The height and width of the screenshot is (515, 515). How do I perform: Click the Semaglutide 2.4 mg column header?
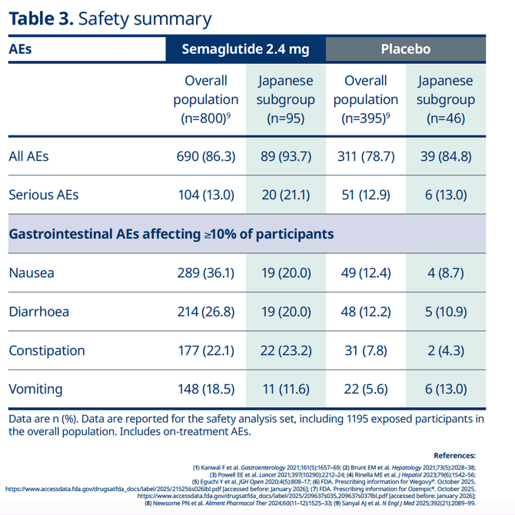[x=245, y=49]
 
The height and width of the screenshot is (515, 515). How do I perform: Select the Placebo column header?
[x=406, y=49]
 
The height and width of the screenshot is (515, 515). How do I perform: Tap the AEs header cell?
[x=20, y=49]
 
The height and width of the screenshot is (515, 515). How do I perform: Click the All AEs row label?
[x=28, y=156]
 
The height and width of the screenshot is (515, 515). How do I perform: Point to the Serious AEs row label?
[x=44, y=195]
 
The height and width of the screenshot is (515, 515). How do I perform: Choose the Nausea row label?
[x=32, y=273]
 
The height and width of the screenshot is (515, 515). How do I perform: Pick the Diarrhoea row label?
[x=39, y=312]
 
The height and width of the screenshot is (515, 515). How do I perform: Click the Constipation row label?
[x=47, y=350]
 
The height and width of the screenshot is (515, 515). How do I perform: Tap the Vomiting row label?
[x=35, y=389]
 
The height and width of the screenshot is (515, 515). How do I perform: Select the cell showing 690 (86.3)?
[x=206, y=156]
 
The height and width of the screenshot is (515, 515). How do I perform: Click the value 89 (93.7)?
[x=286, y=156]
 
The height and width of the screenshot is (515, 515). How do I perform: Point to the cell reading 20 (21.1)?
[x=286, y=195]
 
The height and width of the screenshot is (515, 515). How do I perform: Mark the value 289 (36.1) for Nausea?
[x=206, y=273]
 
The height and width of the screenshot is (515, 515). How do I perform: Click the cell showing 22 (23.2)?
[x=286, y=350]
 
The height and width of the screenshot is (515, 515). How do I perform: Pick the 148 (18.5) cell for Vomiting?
[x=206, y=389]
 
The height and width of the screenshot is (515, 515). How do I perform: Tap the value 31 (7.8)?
[x=366, y=350]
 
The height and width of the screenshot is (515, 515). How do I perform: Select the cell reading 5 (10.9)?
[x=446, y=312]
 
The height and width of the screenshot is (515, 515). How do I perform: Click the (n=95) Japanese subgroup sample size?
[x=286, y=119]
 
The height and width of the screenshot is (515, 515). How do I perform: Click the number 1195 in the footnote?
[x=357, y=419]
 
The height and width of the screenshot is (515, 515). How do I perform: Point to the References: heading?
[x=454, y=456]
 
